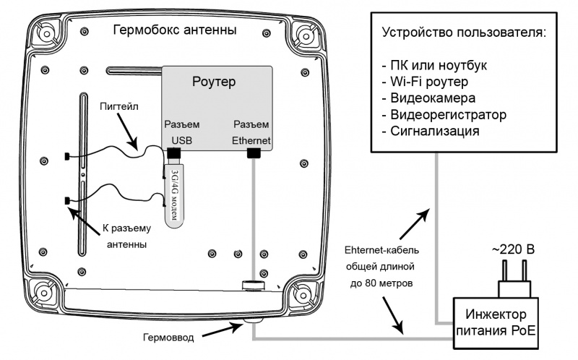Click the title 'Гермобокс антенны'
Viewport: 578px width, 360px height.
pos(175,31)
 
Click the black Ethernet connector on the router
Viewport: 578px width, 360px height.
pos(253,153)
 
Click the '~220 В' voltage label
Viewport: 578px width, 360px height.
pos(513,249)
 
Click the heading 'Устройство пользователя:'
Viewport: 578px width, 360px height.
pos(462,34)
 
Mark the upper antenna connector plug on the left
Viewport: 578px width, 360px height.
pos(66,156)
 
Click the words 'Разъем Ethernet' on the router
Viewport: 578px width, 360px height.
pos(251,132)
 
